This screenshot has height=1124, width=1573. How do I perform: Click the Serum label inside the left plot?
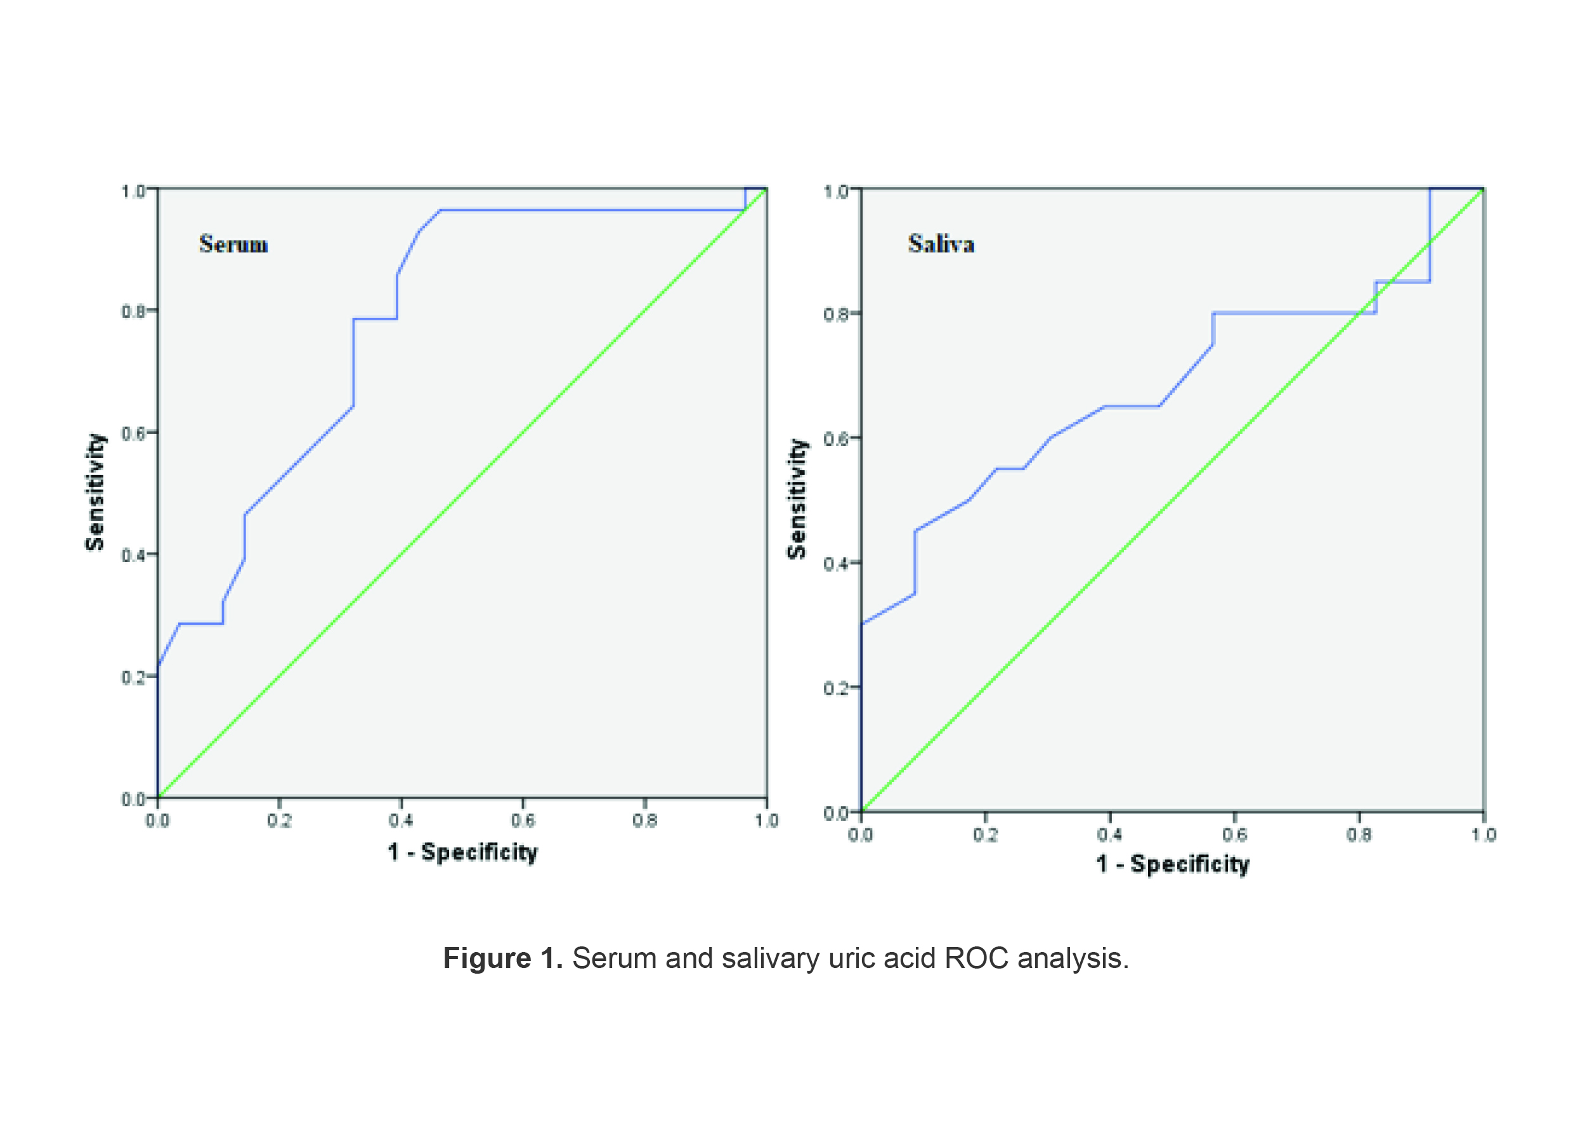233,244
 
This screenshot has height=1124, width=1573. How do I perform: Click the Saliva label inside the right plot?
941,244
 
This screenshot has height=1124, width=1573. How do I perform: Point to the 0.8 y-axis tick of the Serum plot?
134,311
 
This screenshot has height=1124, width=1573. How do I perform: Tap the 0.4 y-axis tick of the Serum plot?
134,555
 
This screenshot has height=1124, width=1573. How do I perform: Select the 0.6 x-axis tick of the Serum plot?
523,821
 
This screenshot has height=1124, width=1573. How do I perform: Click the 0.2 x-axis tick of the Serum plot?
279,821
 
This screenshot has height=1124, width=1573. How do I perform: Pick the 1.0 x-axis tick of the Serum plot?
766,821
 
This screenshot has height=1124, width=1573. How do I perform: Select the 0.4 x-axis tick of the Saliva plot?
1109,835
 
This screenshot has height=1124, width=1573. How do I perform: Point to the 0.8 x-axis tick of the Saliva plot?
1359,835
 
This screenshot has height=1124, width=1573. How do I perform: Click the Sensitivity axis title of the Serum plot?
95,492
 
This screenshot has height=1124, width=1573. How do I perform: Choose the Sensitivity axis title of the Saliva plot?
797,499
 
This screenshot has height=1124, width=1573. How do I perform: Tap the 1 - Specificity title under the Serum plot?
462,852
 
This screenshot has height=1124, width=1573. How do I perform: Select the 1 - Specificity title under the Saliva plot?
1172,864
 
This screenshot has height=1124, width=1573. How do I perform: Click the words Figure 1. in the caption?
502,958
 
